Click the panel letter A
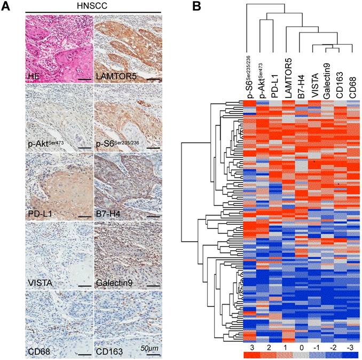point(7,6)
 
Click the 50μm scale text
point(151,348)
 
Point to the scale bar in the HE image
point(84,79)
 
